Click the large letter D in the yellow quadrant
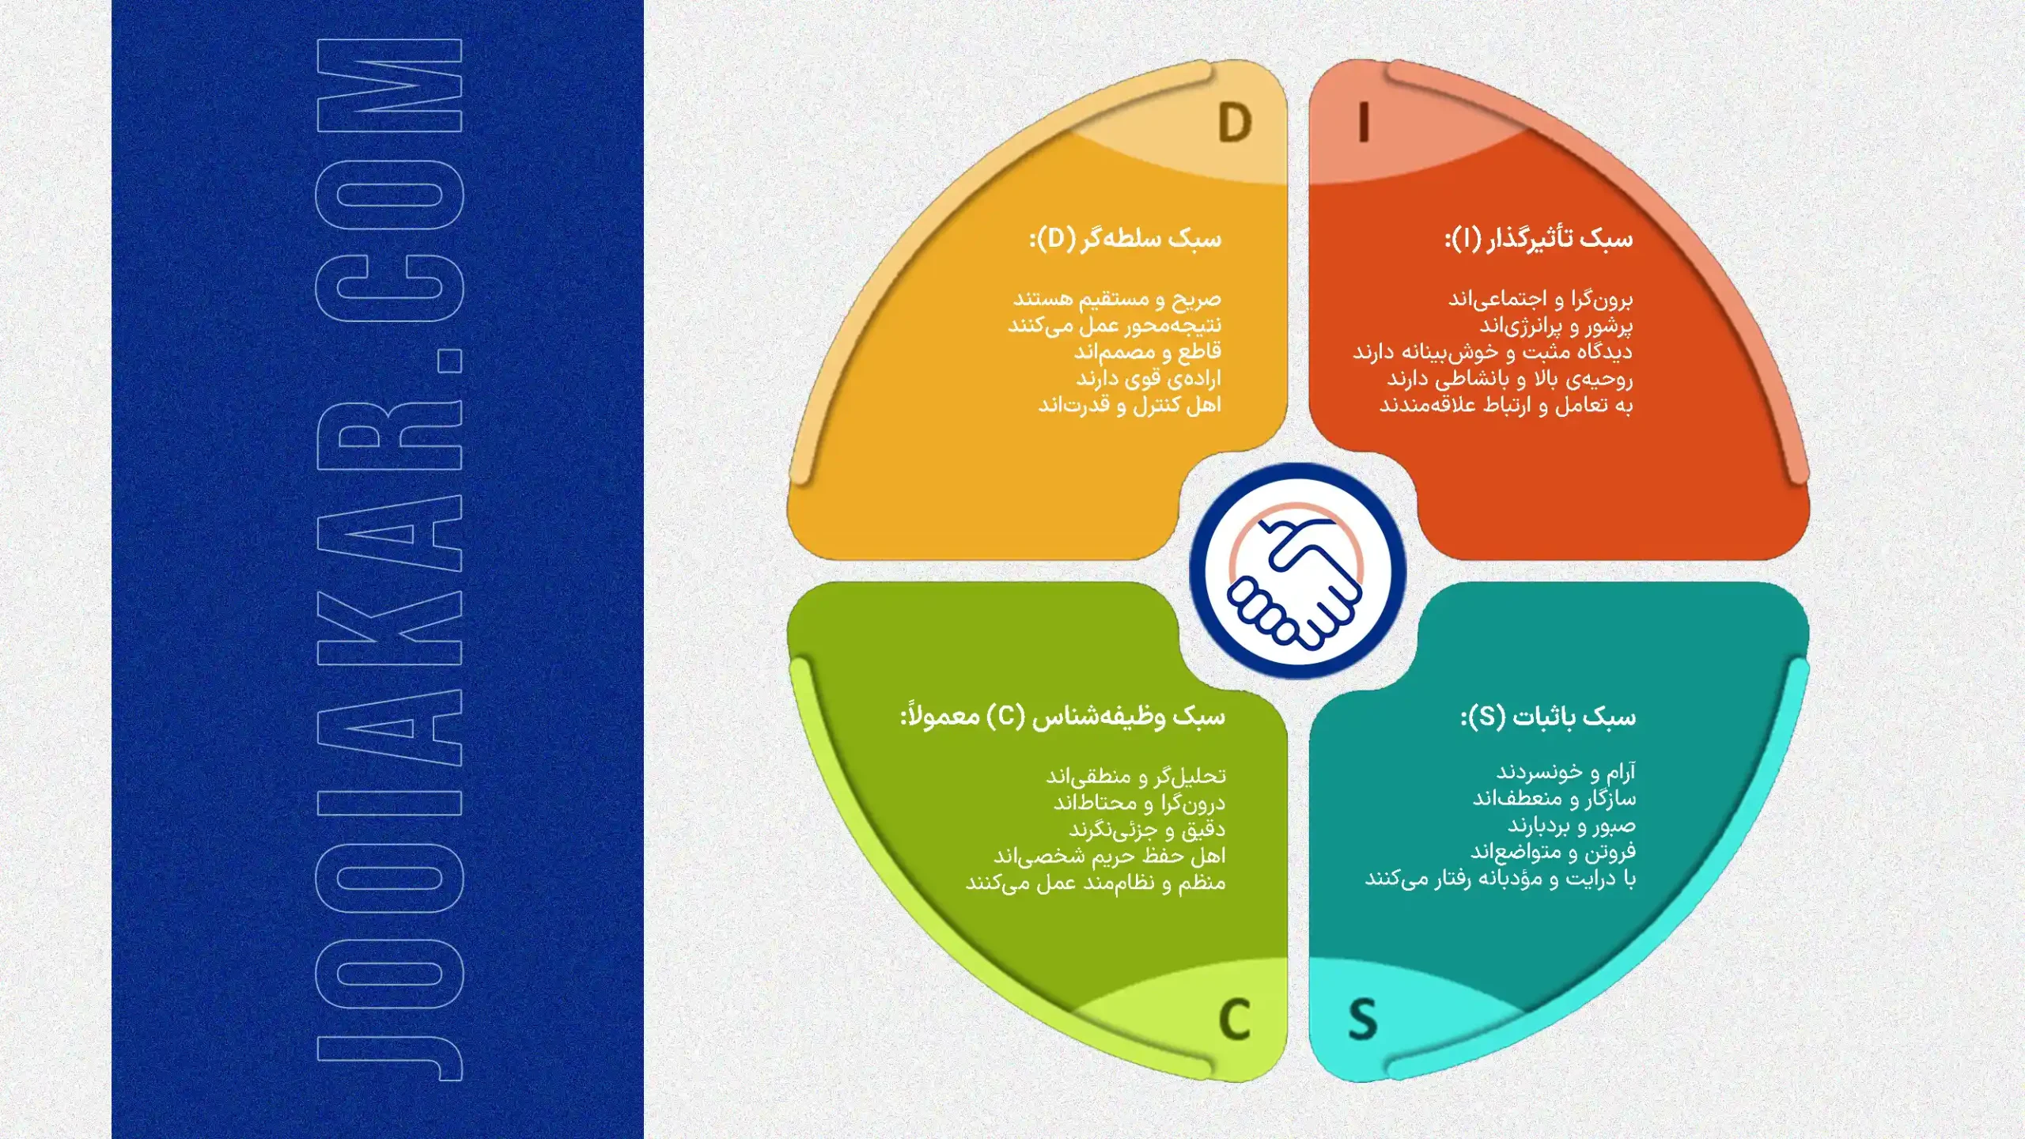point(1235,123)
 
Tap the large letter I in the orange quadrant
point(1363,123)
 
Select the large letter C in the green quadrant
point(1234,1020)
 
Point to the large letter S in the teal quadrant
point(1362,1020)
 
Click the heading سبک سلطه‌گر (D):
point(1125,239)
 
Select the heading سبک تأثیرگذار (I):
point(1539,239)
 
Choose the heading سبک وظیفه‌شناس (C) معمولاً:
point(1062,717)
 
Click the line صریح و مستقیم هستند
point(1118,299)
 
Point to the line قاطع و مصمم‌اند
point(1148,351)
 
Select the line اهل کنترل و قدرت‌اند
point(1130,405)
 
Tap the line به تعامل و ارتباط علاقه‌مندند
point(1506,405)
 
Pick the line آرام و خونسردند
point(1566,771)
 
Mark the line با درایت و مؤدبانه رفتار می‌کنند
point(1501,879)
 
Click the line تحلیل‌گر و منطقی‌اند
point(1136,776)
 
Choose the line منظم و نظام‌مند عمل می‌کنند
point(1096,883)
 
